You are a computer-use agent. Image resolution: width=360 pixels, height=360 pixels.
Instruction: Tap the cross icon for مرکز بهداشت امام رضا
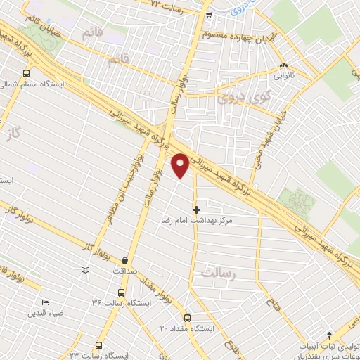click(196, 209)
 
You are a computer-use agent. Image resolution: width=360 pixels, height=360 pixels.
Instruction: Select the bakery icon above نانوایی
click(283, 65)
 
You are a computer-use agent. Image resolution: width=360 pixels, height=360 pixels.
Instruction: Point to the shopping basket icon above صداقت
click(125, 258)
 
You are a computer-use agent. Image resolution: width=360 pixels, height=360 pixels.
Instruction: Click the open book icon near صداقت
click(86, 269)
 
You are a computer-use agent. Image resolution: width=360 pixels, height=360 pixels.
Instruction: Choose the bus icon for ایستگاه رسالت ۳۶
click(121, 292)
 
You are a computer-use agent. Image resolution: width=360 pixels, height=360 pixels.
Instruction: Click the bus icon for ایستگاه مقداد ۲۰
click(186, 318)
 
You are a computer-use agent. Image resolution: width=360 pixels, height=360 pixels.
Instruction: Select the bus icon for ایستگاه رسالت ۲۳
click(98, 345)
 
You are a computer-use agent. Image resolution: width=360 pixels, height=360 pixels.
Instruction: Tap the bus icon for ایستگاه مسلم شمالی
click(26, 72)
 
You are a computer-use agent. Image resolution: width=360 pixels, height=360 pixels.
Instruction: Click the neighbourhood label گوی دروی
click(237, 95)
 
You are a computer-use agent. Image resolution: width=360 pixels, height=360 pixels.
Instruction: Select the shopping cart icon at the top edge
click(208, 15)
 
